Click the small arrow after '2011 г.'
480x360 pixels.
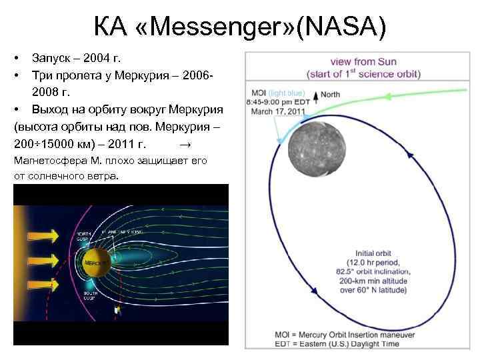[x=186, y=144]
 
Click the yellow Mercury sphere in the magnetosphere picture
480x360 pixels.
[x=96, y=263]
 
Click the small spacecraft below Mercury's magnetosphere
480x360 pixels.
[x=118, y=310]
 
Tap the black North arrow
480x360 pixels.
[x=315, y=96]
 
